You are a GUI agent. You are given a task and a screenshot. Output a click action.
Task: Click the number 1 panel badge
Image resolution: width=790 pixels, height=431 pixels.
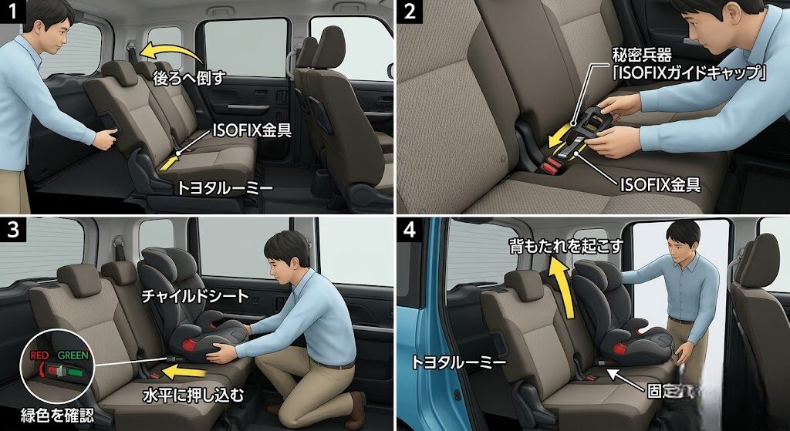tap(10, 11)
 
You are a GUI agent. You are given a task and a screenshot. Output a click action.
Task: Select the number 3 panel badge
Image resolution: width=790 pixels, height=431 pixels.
tap(10, 230)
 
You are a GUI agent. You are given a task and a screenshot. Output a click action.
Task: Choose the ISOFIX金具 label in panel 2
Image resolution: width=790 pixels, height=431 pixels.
tap(661, 185)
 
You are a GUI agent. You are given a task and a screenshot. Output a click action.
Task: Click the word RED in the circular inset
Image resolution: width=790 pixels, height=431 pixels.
tap(39, 356)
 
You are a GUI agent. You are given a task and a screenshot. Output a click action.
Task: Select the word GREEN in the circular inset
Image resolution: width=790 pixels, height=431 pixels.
tap(72, 356)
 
